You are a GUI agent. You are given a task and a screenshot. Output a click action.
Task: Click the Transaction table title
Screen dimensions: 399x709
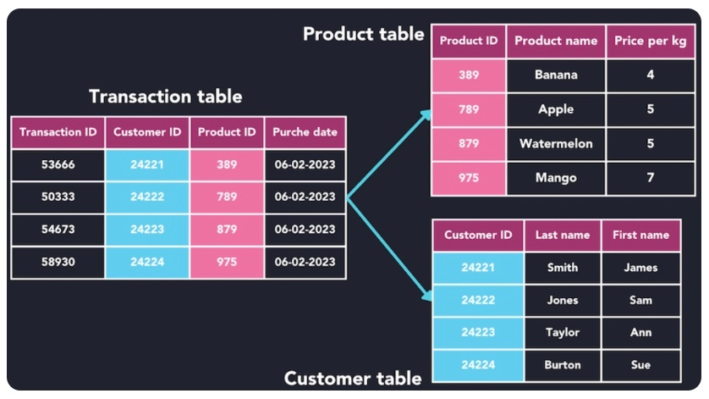coord(165,97)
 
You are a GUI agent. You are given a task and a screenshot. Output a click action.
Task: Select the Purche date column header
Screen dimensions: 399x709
coord(305,132)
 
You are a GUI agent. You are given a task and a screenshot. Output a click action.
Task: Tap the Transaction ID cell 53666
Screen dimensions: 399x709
coord(58,164)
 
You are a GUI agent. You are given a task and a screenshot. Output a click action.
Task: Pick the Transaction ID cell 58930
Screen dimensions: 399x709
coord(58,262)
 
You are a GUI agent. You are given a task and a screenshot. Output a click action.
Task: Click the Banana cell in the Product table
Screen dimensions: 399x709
coord(556,75)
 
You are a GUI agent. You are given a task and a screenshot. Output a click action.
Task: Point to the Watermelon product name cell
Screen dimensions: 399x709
coord(556,144)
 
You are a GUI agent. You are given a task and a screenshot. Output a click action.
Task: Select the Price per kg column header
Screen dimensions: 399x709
coord(650,41)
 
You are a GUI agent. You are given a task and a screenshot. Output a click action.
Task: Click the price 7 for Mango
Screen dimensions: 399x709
coord(650,178)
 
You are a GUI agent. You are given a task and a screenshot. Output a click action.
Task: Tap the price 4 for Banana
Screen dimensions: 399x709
coord(650,75)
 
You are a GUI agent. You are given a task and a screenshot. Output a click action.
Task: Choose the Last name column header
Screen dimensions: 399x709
coord(563,236)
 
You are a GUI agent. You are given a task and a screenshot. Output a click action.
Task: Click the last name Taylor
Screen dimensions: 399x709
coord(563,333)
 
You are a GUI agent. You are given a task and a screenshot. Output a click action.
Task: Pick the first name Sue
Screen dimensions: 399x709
coord(640,365)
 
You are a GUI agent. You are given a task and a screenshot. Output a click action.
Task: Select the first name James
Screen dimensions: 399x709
coord(640,268)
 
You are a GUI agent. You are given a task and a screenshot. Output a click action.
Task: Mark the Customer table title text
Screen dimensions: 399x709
coord(353,378)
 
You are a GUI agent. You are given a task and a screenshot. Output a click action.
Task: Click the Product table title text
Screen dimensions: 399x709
coord(363,34)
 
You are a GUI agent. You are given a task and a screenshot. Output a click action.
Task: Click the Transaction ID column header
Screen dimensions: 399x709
coord(58,132)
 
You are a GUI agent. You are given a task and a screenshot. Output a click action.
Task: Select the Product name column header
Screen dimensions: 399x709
coord(556,41)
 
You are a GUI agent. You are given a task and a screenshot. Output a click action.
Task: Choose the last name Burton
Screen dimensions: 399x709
coord(563,365)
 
